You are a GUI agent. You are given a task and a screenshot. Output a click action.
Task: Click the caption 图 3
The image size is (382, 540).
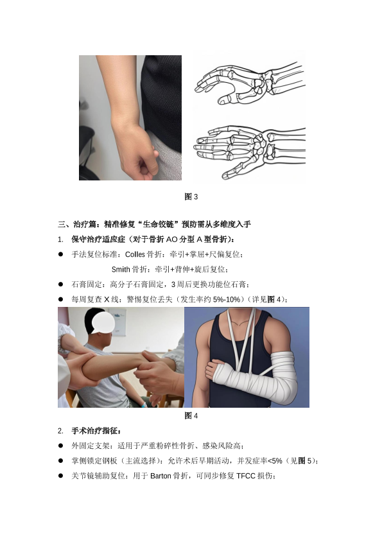click(x=191, y=196)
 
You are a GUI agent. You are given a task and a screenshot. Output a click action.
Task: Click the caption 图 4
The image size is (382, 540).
click(x=191, y=415)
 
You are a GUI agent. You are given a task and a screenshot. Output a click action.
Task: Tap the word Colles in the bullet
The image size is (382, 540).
click(x=135, y=254)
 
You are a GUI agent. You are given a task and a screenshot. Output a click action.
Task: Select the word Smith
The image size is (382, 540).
click(x=121, y=269)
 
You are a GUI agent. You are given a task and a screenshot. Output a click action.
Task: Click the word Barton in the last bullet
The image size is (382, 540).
click(x=161, y=476)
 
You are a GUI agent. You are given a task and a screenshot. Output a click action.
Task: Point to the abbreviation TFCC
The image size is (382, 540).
click(x=246, y=476)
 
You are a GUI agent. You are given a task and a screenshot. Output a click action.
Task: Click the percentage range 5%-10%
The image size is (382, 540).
click(x=226, y=299)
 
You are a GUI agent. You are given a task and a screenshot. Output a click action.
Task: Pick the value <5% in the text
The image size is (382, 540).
click(x=275, y=461)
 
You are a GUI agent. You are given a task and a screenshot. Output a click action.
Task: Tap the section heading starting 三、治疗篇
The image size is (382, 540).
click(x=154, y=225)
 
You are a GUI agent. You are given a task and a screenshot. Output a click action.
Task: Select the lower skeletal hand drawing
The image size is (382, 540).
click(x=249, y=152)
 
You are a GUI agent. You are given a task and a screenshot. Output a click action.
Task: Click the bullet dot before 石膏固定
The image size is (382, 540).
click(x=61, y=284)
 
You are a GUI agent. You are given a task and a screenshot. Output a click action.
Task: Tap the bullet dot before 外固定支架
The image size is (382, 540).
click(x=61, y=446)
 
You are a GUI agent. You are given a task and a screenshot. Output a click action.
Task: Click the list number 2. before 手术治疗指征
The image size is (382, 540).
click(x=60, y=431)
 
